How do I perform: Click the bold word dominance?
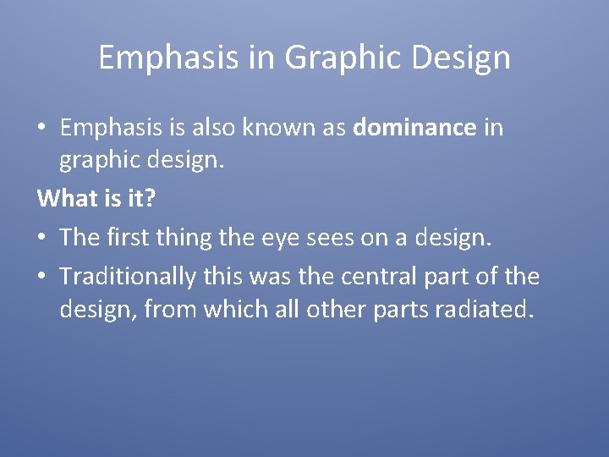click(415, 128)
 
